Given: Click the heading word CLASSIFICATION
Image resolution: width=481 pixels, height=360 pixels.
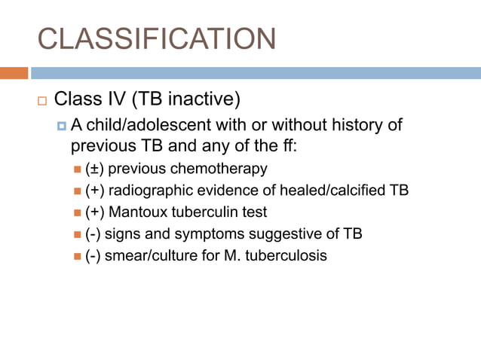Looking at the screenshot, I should point(156,38).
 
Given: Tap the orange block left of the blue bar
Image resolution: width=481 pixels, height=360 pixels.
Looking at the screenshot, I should point(14,73).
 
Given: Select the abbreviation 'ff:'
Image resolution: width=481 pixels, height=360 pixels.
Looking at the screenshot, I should point(287,145).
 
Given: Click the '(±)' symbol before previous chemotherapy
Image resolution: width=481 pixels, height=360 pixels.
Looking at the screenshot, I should point(96,168).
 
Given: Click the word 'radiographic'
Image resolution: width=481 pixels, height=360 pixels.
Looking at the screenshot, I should point(150,190).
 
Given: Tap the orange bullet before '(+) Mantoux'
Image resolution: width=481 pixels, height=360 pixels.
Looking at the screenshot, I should point(78,212).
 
